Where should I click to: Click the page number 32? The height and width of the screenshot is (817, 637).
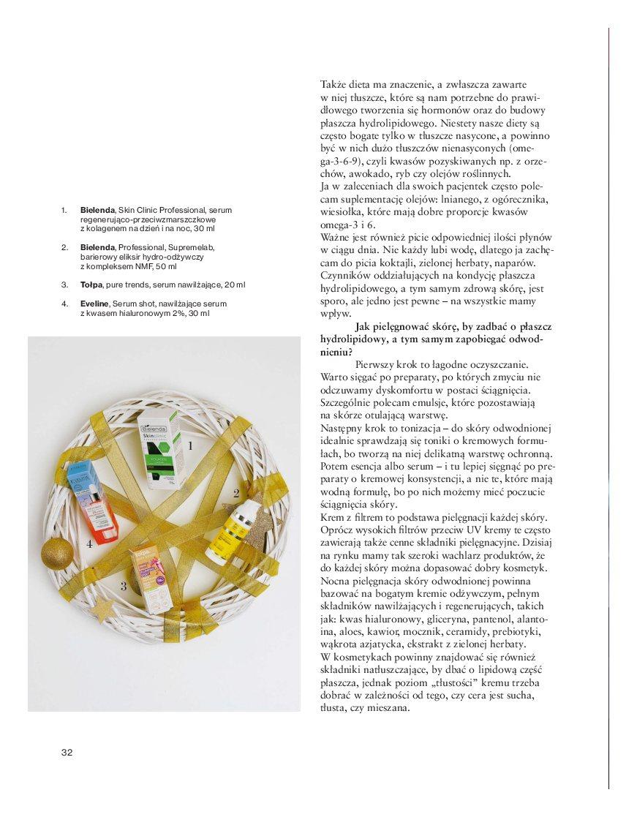pos(67,753)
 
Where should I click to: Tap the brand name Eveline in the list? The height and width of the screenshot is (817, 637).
pos(94,304)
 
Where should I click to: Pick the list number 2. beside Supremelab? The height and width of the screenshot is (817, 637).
pos(64,247)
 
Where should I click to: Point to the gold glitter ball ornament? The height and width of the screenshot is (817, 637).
pos(57,554)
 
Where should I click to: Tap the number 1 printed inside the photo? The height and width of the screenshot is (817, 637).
pos(191,445)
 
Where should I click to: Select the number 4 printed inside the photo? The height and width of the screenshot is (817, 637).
pos(89,543)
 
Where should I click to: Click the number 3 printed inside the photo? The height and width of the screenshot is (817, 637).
pos(124,585)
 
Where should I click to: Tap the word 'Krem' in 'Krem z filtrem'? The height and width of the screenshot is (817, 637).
pos(333,517)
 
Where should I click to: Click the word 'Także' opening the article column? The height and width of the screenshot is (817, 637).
pos(334,85)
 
